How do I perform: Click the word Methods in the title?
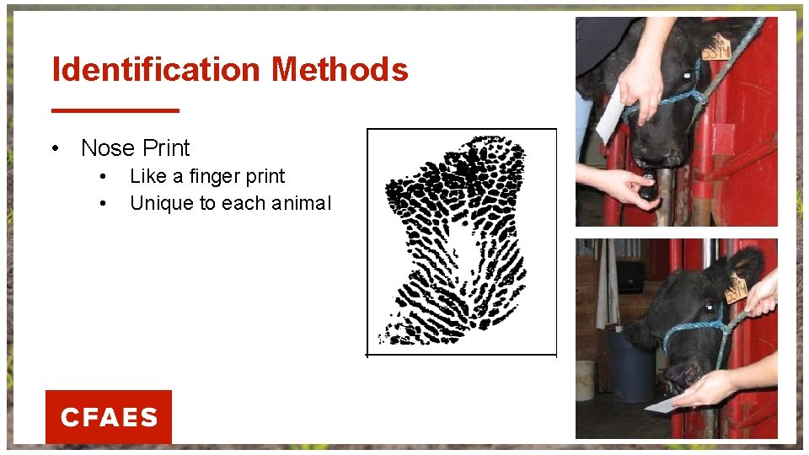click(340, 69)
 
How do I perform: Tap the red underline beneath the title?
click(115, 110)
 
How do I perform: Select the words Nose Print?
click(136, 148)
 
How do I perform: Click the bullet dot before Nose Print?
click(54, 149)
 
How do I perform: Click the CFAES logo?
click(109, 417)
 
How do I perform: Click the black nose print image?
click(455, 240)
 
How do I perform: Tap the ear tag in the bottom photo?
click(736, 288)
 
